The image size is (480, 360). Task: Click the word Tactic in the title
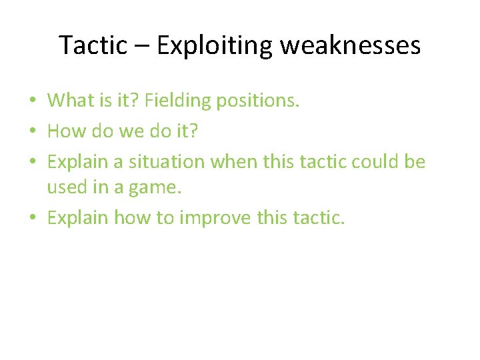[93, 45]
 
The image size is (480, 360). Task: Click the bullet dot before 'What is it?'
[33, 101]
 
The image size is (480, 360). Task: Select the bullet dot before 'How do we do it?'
[33, 131]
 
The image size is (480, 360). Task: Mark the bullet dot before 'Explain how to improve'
[33, 218]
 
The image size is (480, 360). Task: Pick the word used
[65, 188]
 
